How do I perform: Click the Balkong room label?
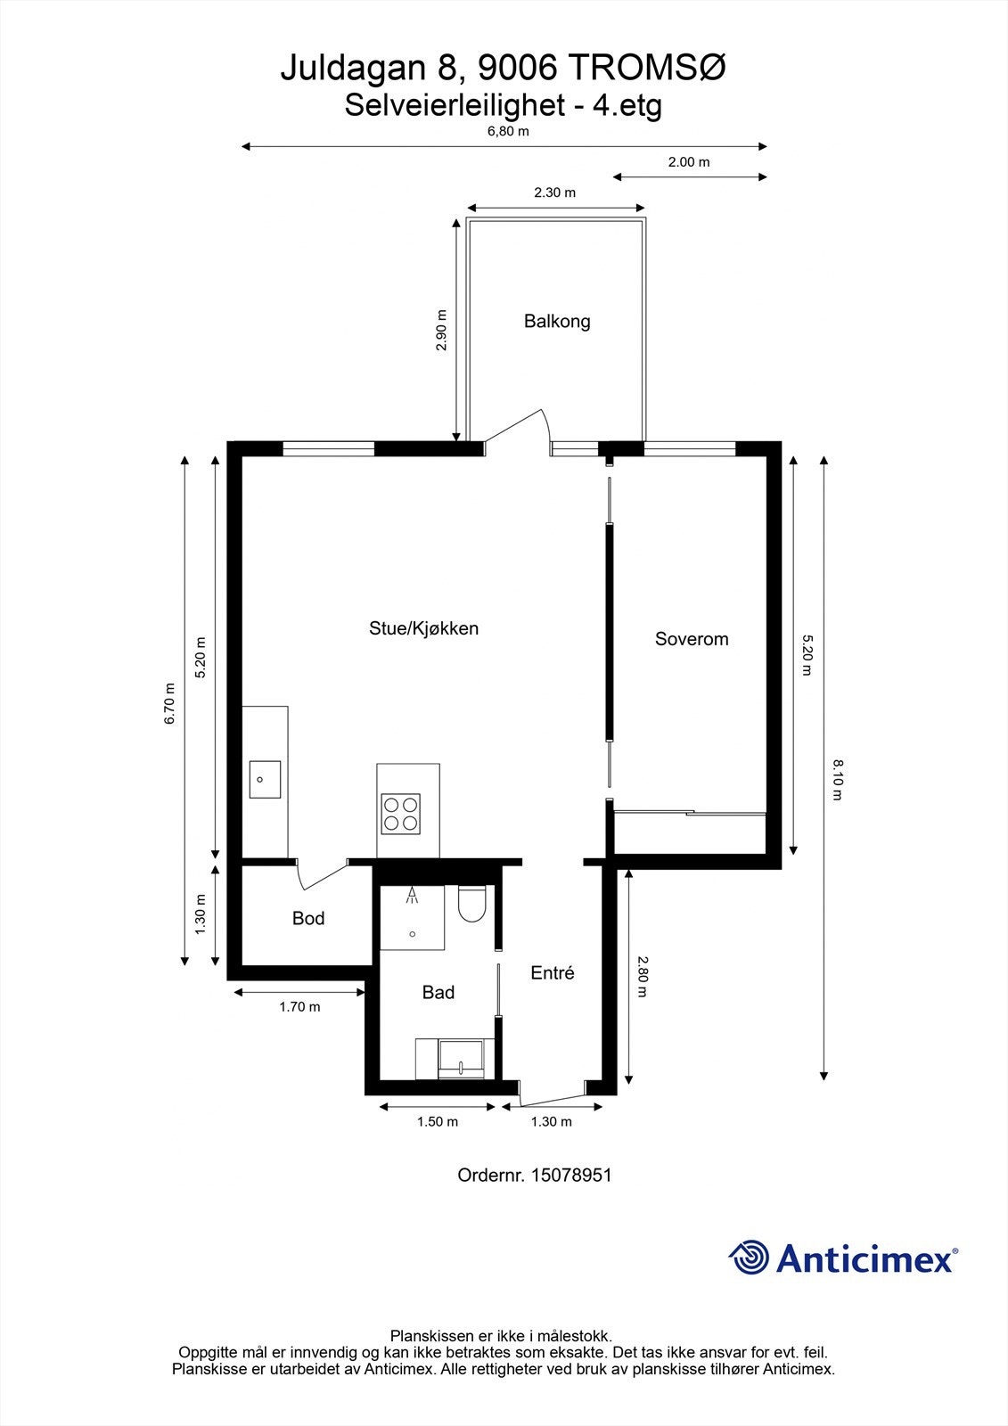(x=557, y=321)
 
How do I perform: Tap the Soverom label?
(x=692, y=639)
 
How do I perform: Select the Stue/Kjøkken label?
(x=424, y=628)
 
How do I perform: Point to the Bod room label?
(x=308, y=918)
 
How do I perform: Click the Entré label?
(x=553, y=973)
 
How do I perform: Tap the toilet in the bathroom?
(x=471, y=906)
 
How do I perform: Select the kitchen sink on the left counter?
(x=265, y=779)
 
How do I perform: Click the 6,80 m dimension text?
(x=508, y=131)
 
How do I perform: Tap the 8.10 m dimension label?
(x=837, y=779)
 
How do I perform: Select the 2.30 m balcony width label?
(x=554, y=193)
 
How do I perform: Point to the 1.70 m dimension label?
(x=299, y=1007)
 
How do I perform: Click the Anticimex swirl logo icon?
(x=749, y=1258)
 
